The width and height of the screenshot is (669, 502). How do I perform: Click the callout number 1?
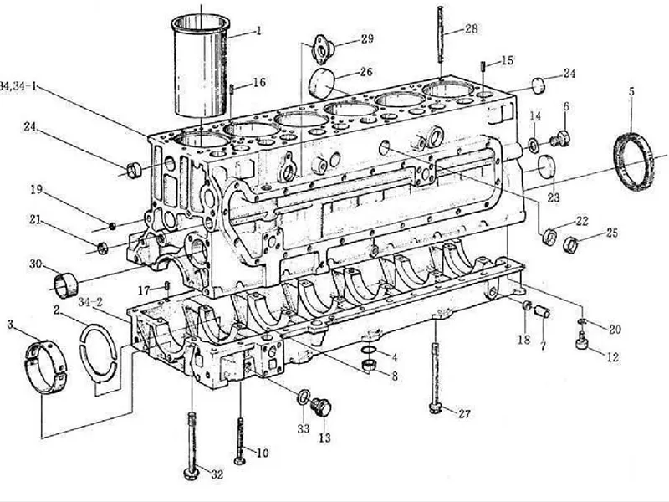259,31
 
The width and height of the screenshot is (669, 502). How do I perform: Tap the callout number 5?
631,90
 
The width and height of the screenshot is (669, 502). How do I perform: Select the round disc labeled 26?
321,84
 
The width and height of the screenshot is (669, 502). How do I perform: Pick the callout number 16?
259,82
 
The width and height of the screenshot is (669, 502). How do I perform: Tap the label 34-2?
89,301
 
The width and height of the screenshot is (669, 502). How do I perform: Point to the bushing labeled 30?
64,284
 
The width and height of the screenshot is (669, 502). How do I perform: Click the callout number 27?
464,413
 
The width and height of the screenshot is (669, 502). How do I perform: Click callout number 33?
303,428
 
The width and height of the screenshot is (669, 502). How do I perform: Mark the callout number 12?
613,357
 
